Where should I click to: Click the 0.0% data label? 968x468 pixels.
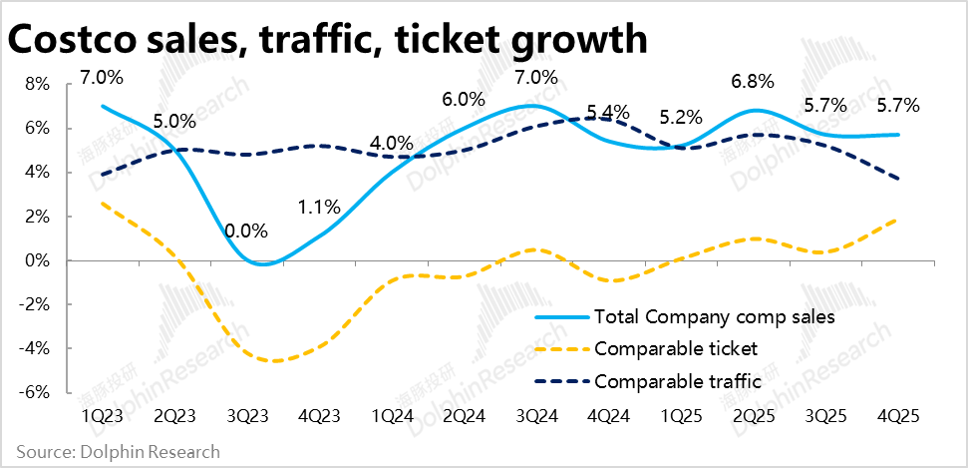[246, 232]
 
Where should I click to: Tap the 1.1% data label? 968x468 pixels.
[319, 208]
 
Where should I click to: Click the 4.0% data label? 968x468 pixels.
[391, 143]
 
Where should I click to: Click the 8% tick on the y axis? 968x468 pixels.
[38, 85]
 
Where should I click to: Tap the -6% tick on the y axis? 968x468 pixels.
[36, 393]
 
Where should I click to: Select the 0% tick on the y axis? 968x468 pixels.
[38, 261]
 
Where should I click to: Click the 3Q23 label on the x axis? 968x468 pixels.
[246, 414]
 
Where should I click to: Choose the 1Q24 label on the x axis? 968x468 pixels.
[391, 414]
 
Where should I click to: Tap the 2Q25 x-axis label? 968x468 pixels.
[754, 414]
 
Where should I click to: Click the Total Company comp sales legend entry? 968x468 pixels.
[714, 317]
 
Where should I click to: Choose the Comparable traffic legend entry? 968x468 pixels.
[678, 381]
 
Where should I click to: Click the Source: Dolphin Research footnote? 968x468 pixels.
[118, 452]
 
